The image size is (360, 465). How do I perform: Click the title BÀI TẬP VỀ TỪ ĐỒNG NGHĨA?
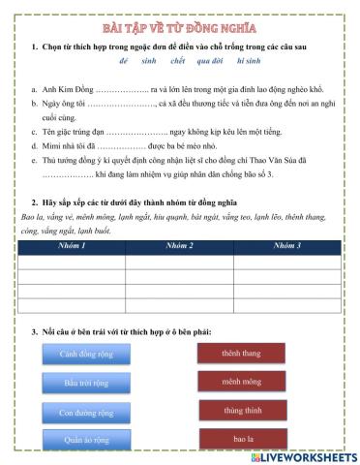(180, 28)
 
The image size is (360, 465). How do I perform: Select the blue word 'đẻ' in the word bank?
(123, 59)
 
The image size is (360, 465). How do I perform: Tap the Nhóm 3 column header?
(287, 246)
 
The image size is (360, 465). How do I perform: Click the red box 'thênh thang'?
(242, 354)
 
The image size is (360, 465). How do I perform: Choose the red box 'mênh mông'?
(242, 383)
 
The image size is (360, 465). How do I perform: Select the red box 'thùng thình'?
(242, 411)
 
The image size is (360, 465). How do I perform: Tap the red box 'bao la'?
(242, 439)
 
